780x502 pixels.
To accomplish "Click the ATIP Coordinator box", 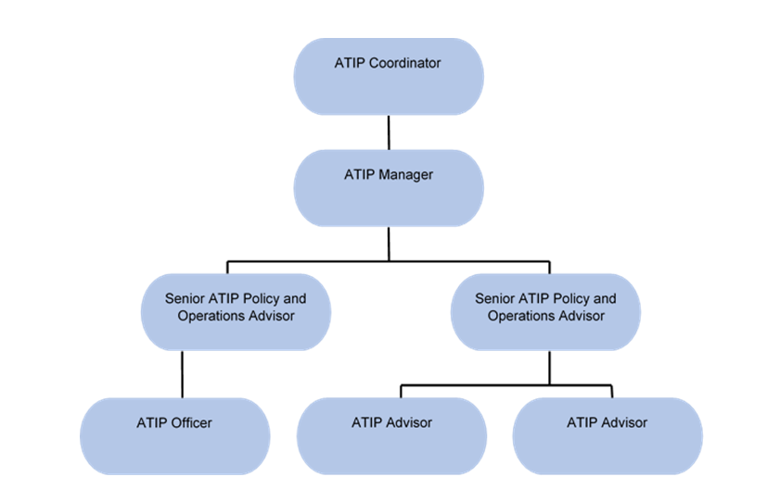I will [x=389, y=77].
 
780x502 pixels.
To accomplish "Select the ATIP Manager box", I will [x=389, y=188].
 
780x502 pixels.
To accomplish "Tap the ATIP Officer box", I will [x=174, y=436].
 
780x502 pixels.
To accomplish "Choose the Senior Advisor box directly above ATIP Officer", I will [x=236, y=311].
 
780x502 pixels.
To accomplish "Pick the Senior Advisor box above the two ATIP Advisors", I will [x=545, y=311].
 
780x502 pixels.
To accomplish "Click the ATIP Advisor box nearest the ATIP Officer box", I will [x=391, y=436].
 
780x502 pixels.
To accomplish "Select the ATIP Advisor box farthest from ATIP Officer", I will [x=607, y=436].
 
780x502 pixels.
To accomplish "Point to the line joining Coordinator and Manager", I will [x=389, y=132].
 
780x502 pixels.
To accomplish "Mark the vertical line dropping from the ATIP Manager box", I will [x=389, y=244].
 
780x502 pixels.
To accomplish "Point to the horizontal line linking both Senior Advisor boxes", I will [x=390, y=261].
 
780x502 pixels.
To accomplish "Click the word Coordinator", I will [x=404, y=64].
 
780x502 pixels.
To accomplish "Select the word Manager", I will [x=405, y=174].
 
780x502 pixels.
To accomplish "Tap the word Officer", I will [x=192, y=423].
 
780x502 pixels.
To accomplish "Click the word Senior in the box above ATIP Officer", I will [x=185, y=299].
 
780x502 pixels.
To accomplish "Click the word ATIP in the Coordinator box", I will [x=350, y=64].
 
